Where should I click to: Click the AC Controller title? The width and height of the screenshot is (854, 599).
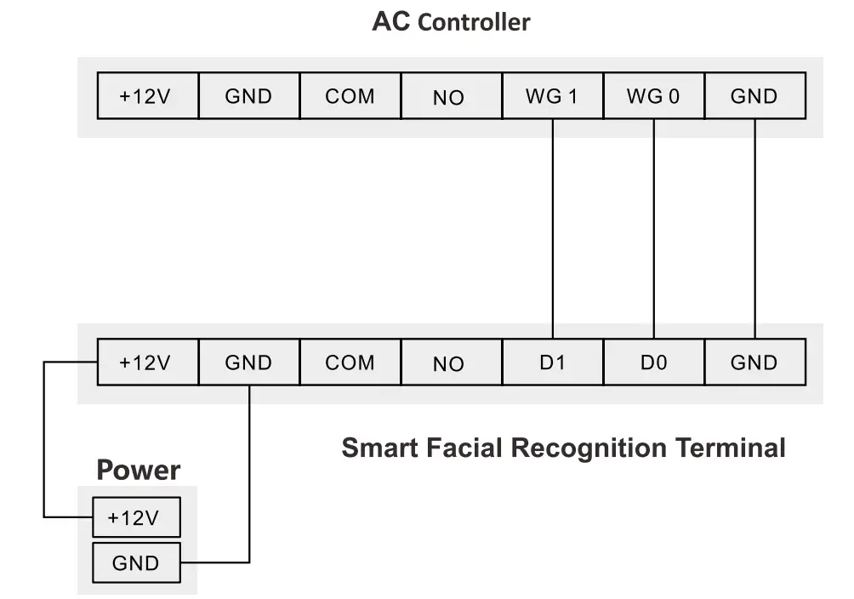[451, 22]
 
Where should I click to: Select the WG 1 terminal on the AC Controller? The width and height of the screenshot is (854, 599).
[552, 96]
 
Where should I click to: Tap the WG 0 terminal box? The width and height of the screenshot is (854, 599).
[653, 96]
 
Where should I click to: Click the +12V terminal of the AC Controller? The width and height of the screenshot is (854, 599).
[146, 96]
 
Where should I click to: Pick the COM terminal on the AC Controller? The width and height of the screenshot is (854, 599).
[350, 96]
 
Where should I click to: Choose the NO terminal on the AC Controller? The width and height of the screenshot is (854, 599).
[449, 96]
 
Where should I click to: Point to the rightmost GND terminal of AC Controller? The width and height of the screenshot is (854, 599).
[754, 96]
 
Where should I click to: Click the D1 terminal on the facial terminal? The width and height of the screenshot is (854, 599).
[552, 362]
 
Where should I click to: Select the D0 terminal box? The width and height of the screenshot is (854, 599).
[653, 362]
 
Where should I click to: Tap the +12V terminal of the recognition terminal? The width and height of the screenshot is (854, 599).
[146, 362]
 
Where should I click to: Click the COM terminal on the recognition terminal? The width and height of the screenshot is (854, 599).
[350, 362]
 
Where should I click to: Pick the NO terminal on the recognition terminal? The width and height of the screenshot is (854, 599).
[449, 362]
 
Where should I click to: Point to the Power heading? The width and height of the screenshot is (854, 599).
[138, 470]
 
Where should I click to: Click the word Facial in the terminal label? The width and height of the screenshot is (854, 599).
[465, 447]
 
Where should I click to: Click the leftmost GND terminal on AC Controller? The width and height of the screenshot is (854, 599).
[248, 96]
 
